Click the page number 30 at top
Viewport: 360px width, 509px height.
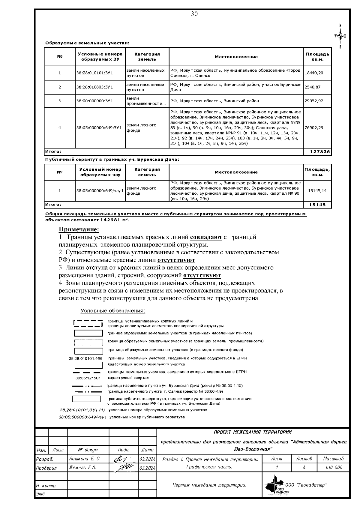pos(194,14)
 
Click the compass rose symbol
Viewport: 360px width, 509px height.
pos(340,36)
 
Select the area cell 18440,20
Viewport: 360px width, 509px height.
pos(314,73)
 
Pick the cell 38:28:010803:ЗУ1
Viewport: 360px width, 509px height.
pos(94,87)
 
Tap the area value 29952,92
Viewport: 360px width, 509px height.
pos(314,101)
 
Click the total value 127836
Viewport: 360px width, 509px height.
pos(320,152)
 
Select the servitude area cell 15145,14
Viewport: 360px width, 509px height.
pos(317,191)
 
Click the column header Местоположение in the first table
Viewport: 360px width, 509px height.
pos(236,57)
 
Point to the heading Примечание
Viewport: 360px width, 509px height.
pos(79,229)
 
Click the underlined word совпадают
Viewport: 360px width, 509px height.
pos(206,237)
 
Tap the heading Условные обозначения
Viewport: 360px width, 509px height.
pos(112,311)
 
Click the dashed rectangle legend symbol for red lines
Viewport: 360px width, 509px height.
pos(88,323)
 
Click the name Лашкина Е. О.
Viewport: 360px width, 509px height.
pos(85,459)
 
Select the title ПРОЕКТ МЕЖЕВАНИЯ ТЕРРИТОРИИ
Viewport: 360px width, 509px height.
pos(252,432)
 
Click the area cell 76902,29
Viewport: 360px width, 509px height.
pos(314,128)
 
